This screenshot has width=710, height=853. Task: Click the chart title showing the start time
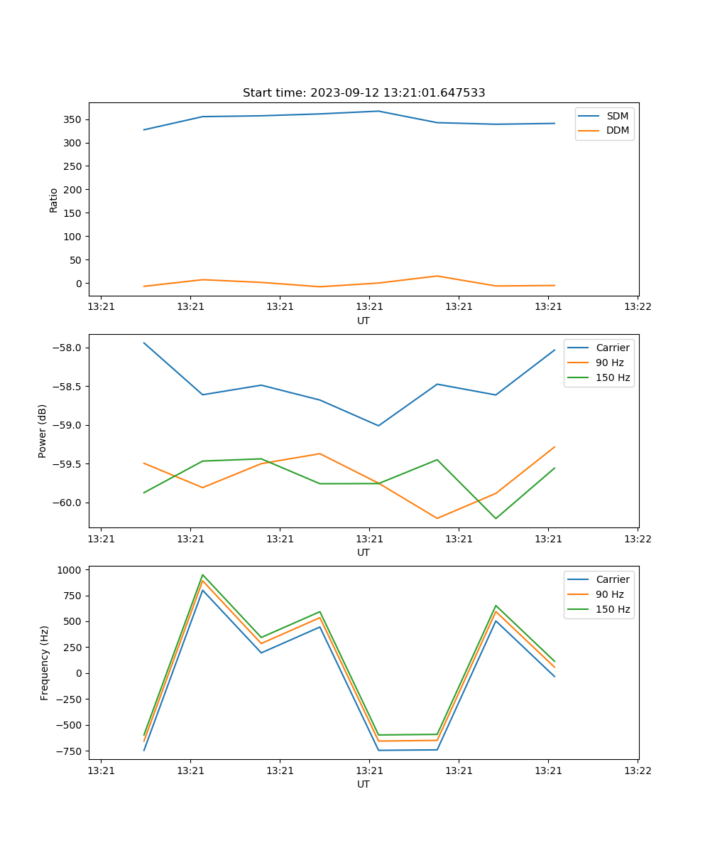click(x=364, y=93)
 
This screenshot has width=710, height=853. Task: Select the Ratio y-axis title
click(x=54, y=200)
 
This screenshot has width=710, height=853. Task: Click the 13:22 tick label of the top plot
click(x=637, y=307)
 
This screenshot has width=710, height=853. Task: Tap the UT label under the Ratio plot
click(x=364, y=321)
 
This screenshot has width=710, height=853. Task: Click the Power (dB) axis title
click(x=43, y=431)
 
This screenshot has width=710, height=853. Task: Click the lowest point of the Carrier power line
click(x=378, y=426)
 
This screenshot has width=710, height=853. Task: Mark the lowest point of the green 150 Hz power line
click(x=496, y=518)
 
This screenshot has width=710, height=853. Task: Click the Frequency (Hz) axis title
click(x=45, y=662)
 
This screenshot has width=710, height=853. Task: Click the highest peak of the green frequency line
click(x=203, y=575)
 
